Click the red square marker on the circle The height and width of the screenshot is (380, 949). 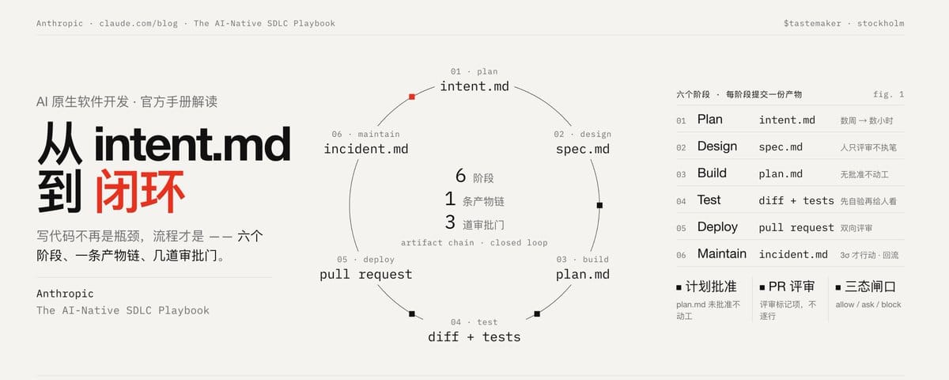click(x=412, y=97)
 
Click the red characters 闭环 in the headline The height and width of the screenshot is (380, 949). click(x=140, y=192)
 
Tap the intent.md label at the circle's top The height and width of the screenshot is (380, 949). click(x=475, y=86)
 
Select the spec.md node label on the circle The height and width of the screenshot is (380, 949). click(x=583, y=149)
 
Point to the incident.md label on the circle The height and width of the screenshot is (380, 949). click(x=366, y=149)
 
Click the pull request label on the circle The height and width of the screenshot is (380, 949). click(x=366, y=275)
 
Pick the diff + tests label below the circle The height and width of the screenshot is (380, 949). click(x=474, y=336)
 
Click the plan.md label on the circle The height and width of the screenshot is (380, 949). click(x=583, y=275)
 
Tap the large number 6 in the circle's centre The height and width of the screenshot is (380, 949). click(x=460, y=176)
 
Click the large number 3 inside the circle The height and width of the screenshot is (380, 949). click(x=450, y=222)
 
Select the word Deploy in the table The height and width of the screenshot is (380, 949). click(x=717, y=227)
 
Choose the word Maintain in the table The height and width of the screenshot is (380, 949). click(x=722, y=253)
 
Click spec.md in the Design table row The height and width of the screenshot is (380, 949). click(x=781, y=147)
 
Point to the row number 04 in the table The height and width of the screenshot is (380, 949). click(x=681, y=201)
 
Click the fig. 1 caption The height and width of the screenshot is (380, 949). click(x=888, y=94)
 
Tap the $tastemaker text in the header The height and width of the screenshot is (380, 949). click(x=812, y=23)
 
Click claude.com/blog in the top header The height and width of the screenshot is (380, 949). click(x=138, y=23)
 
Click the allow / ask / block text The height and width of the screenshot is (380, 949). click(x=868, y=305)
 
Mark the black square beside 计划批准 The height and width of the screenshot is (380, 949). click(x=679, y=287)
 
